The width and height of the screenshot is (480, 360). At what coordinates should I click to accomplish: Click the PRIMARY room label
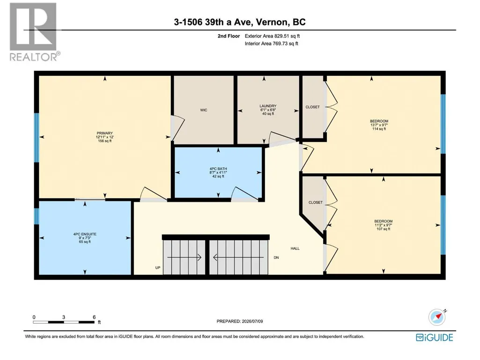click(105, 133)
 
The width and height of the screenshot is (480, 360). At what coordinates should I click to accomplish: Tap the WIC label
click(204, 110)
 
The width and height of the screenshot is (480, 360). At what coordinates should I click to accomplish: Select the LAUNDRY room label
click(268, 106)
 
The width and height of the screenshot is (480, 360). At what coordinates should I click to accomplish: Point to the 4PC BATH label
click(218, 169)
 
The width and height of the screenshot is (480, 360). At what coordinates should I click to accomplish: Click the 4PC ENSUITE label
click(85, 234)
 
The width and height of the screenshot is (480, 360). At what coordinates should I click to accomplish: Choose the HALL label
click(295, 248)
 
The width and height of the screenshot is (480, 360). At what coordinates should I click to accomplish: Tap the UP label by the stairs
click(158, 268)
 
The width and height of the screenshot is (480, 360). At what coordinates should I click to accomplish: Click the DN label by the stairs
click(276, 257)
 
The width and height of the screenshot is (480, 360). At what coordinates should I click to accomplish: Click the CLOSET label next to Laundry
click(312, 107)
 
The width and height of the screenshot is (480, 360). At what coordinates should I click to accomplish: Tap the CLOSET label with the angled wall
click(316, 202)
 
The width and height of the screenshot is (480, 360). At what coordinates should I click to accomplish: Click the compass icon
click(437, 317)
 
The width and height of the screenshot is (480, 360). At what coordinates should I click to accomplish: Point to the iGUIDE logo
click(435, 338)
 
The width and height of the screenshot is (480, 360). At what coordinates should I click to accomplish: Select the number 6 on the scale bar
click(94, 317)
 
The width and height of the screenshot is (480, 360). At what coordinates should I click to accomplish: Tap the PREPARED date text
click(240, 321)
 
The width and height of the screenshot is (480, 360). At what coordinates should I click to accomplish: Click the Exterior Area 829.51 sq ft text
click(272, 36)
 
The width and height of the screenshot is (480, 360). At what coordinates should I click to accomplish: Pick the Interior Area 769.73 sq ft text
click(272, 44)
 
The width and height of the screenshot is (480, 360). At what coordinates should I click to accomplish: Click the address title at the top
click(240, 22)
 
